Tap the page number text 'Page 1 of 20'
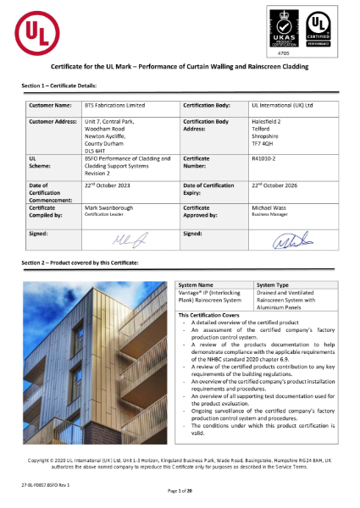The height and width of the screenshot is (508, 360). (180, 491)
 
